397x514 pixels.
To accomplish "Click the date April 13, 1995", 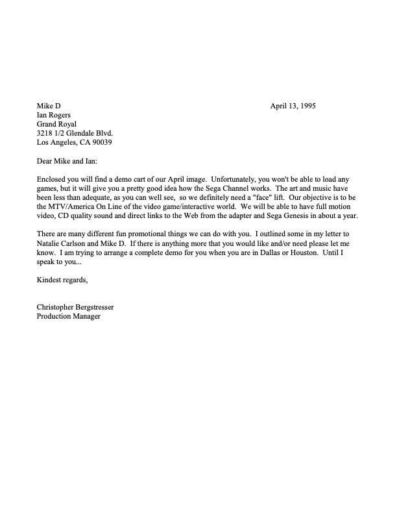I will point(293,106).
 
